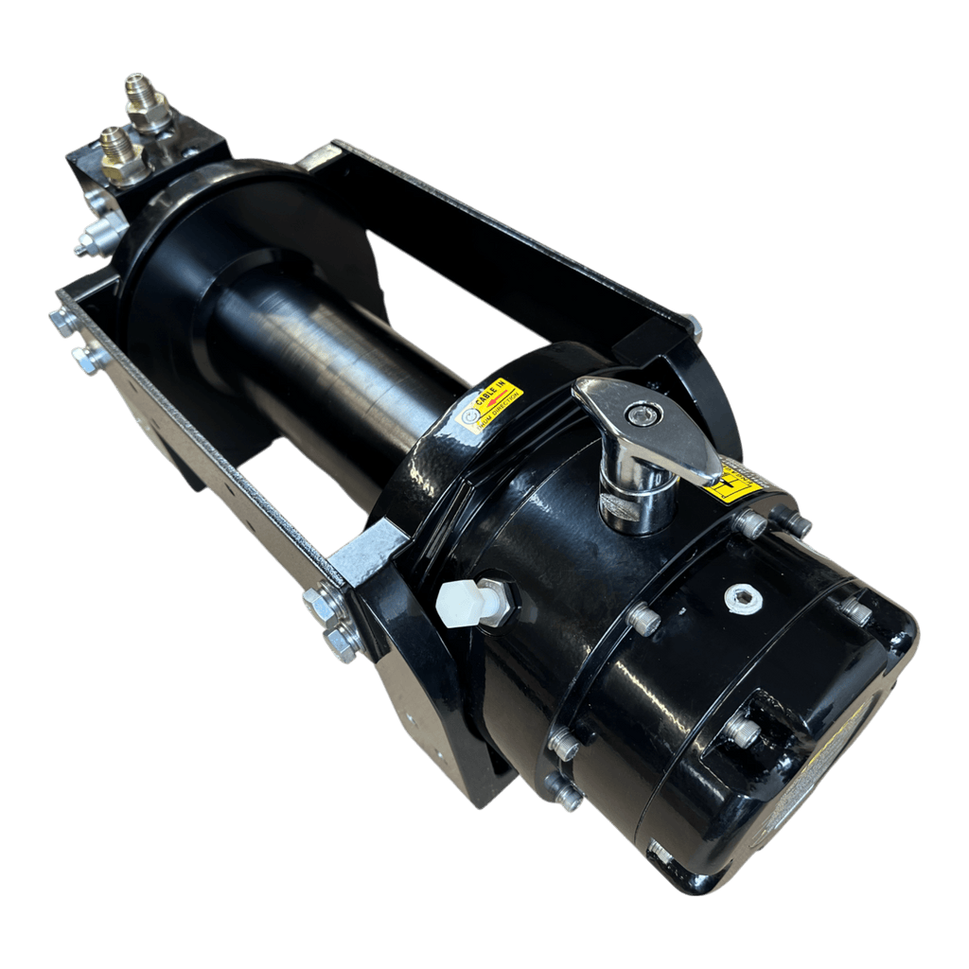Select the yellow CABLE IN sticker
click(x=489, y=405)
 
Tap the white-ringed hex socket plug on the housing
click(x=743, y=598)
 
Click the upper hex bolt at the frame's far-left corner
click(x=64, y=322)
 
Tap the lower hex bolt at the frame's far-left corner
click(x=89, y=359)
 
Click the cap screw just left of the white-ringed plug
click(x=643, y=619)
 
